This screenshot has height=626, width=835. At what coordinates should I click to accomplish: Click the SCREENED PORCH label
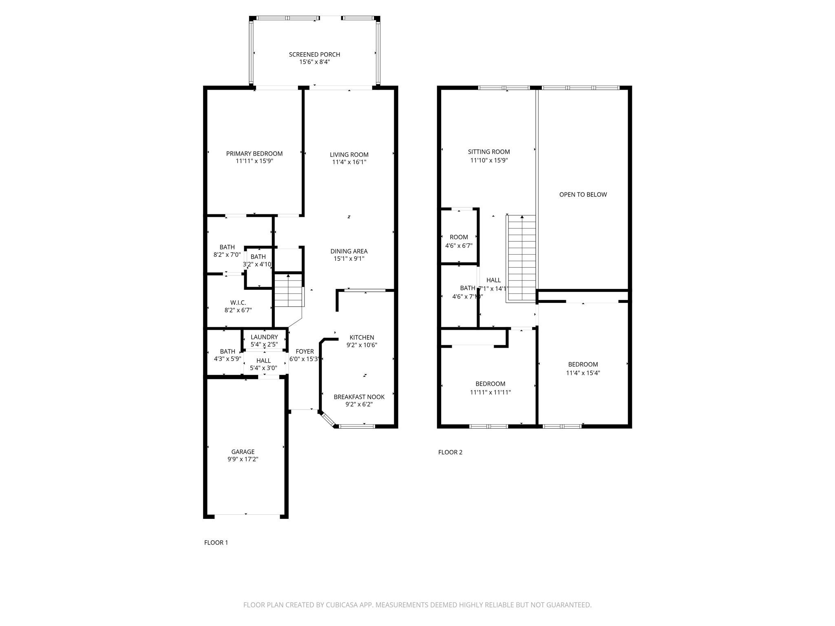click(x=314, y=55)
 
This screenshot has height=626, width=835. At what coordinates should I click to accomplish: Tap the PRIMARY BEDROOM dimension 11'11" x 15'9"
click(x=254, y=161)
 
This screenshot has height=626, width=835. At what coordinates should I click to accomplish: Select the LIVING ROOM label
click(x=349, y=155)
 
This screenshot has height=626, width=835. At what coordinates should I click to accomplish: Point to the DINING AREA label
click(x=349, y=251)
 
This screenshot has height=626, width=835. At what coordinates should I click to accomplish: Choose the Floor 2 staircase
click(x=521, y=258)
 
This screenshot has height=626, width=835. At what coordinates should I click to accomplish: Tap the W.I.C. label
click(x=238, y=303)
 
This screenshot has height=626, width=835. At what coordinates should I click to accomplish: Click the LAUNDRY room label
click(x=264, y=337)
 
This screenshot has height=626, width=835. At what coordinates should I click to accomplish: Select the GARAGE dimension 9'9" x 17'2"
click(x=243, y=459)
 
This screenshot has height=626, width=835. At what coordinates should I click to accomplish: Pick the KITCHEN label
click(x=362, y=337)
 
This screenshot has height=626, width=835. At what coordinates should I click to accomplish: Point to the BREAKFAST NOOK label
click(x=359, y=397)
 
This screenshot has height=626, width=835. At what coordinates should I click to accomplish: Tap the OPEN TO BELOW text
click(x=583, y=195)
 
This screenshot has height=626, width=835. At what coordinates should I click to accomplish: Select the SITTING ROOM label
click(x=489, y=152)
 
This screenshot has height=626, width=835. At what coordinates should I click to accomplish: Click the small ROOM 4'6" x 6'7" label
click(x=459, y=237)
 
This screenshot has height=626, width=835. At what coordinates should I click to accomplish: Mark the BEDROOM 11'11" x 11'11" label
click(x=490, y=384)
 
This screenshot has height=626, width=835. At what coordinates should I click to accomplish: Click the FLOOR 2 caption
click(x=450, y=452)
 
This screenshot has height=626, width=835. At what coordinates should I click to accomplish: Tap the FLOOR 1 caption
click(x=216, y=543)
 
